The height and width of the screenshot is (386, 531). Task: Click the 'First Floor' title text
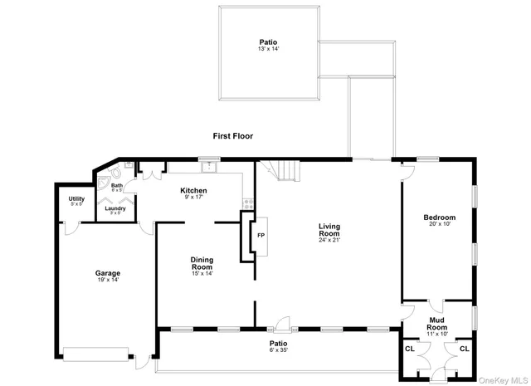pos(232,136)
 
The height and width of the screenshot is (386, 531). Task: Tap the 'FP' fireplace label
pos(261,235)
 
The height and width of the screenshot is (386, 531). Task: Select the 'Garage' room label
pos(107,273)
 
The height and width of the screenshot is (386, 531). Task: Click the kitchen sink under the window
pos(210,167)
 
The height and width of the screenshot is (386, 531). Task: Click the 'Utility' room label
pos(76,199)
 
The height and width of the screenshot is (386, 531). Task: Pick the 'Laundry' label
pos(115,208)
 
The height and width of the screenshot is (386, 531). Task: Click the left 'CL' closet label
pos(409,349)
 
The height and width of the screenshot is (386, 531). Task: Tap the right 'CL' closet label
pos(464,349)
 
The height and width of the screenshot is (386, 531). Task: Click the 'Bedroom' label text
pos(439,217)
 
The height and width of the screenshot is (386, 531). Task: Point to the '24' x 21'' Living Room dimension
pos(330,240)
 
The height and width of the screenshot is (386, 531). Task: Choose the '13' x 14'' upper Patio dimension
pos(267,49)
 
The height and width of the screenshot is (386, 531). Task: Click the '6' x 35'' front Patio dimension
pos(278,349)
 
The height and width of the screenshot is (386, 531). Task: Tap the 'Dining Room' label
pos(202,264)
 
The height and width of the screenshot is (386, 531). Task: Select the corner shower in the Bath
pos(105,179)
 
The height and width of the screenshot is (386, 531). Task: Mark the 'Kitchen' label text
pos(193,191)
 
